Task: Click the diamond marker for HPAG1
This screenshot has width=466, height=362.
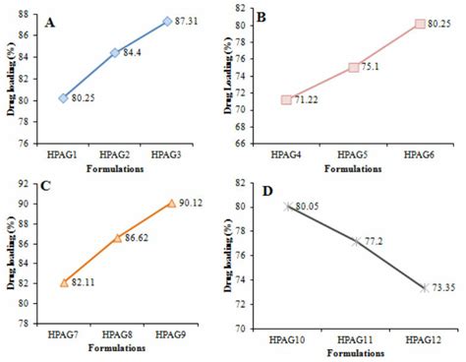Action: pos(63,97)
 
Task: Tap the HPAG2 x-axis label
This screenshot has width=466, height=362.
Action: pos(114,155)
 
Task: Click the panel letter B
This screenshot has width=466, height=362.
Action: pos(263,18)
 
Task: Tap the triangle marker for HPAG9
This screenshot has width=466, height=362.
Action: pos(171,203)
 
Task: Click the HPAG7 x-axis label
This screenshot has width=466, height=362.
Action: pos(64,336)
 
